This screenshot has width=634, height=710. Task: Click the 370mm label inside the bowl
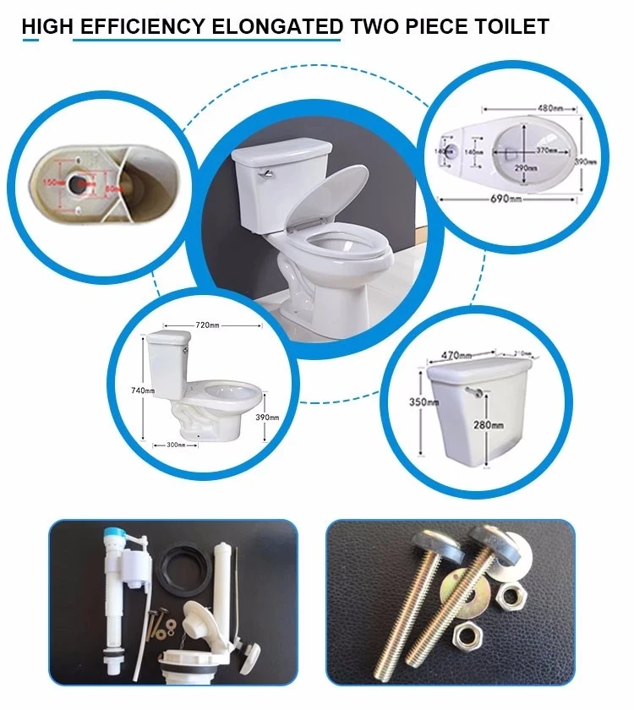(x=547, y=150)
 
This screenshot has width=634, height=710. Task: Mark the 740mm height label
(x=144, y=390)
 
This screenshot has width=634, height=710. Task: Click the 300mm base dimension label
(x=175, y=444)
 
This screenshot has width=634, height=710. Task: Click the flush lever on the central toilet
(x=267, y=171)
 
